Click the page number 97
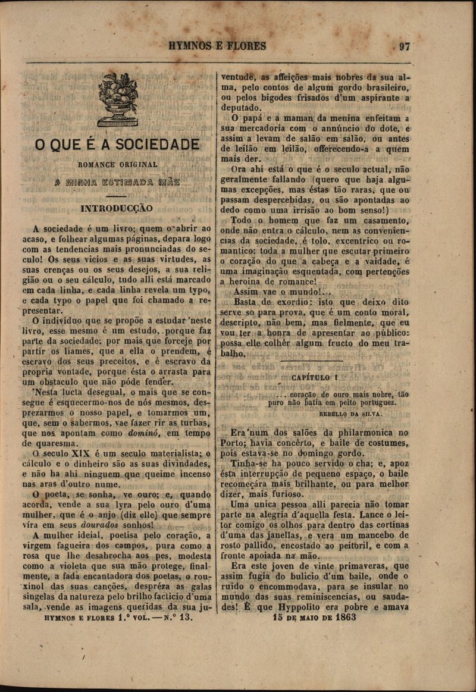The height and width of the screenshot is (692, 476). (405, 46)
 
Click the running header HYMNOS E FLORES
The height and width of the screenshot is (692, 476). (217, 46)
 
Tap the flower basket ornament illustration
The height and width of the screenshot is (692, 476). (118, 99)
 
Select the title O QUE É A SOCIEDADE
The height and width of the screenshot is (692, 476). (117, 145)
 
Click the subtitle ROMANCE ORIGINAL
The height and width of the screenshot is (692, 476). (118, 164)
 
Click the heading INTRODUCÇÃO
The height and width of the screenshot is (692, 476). (117, 209)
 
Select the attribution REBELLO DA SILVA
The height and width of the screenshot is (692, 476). (350, 412)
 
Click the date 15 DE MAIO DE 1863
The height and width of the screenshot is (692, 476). (314, 617)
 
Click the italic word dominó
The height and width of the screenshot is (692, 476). (145, 433)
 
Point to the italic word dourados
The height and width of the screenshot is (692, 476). (100, 525)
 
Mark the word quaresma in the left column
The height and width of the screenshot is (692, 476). (43, 443)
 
